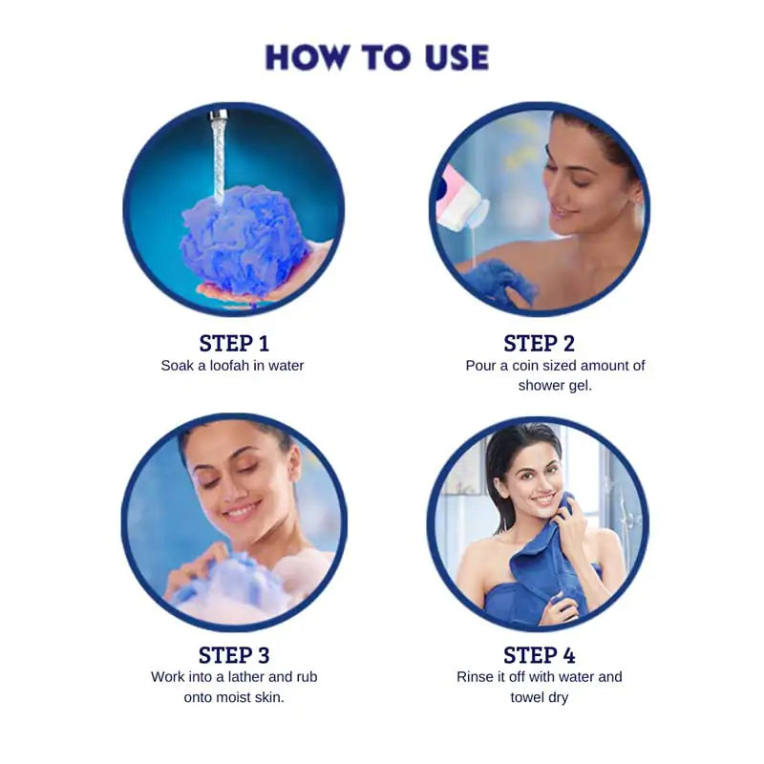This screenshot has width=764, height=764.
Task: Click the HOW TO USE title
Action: click(376, 57)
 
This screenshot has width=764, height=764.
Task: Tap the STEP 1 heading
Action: click(234, 344)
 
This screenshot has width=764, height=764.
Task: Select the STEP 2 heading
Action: click(539, 344)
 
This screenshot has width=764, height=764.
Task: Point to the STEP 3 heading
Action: click(234, 655)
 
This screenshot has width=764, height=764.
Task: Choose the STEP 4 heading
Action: click(539, 655)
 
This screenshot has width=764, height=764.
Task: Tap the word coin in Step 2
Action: click(525, 366)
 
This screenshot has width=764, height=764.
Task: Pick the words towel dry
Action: click(540, 698)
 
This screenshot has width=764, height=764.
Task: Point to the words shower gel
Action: click(555, 386)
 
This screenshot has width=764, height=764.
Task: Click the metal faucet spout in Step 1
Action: click(219, 115)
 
